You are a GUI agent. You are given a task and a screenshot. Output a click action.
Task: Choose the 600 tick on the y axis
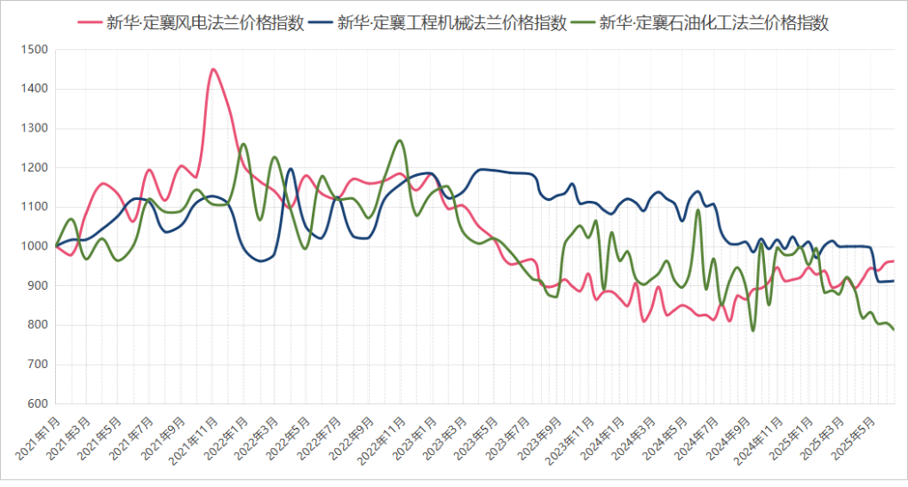tap(36, 403)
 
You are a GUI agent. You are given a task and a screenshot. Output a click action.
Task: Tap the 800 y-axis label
tap(36, 325)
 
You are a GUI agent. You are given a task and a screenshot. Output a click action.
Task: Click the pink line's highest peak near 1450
tap(212, 69)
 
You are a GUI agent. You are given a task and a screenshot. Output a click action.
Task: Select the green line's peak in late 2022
tap(400, 140)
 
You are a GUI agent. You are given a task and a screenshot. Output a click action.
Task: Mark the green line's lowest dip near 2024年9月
tap(753, 331)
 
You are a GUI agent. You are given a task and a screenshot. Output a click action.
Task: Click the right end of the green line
tap(894, 330)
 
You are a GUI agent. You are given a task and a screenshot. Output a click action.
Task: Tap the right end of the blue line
tap(894, 281)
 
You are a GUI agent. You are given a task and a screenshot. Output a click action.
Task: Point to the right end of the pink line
tap(894, 261)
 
